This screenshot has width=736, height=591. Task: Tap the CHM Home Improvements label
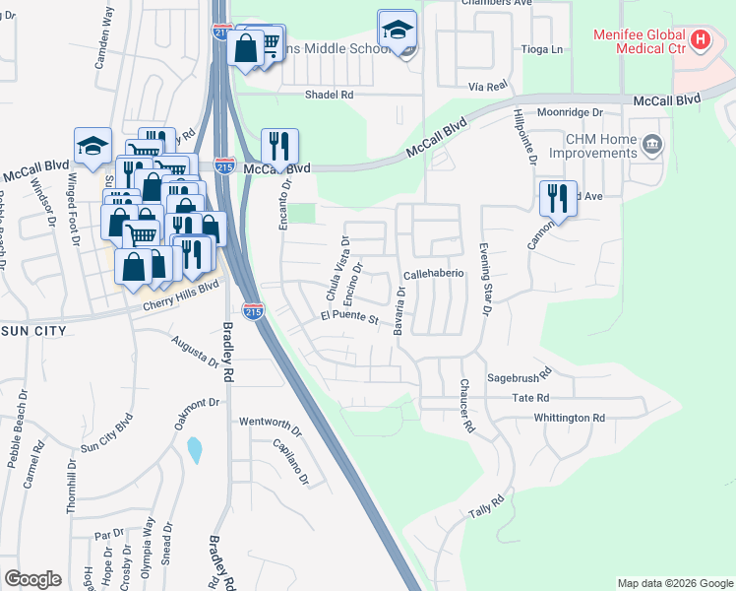600,147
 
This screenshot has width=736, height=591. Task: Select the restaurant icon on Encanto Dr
279,147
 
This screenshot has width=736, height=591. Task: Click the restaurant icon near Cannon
558,197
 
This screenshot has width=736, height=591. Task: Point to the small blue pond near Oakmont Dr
195,450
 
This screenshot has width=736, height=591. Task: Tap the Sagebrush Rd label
521,378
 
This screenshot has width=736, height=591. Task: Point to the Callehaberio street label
433,274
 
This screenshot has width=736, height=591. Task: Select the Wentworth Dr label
268,421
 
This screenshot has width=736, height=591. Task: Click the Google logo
32,579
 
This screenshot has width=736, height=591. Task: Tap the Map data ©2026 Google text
674,583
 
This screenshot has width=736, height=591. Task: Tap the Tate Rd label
530,398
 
